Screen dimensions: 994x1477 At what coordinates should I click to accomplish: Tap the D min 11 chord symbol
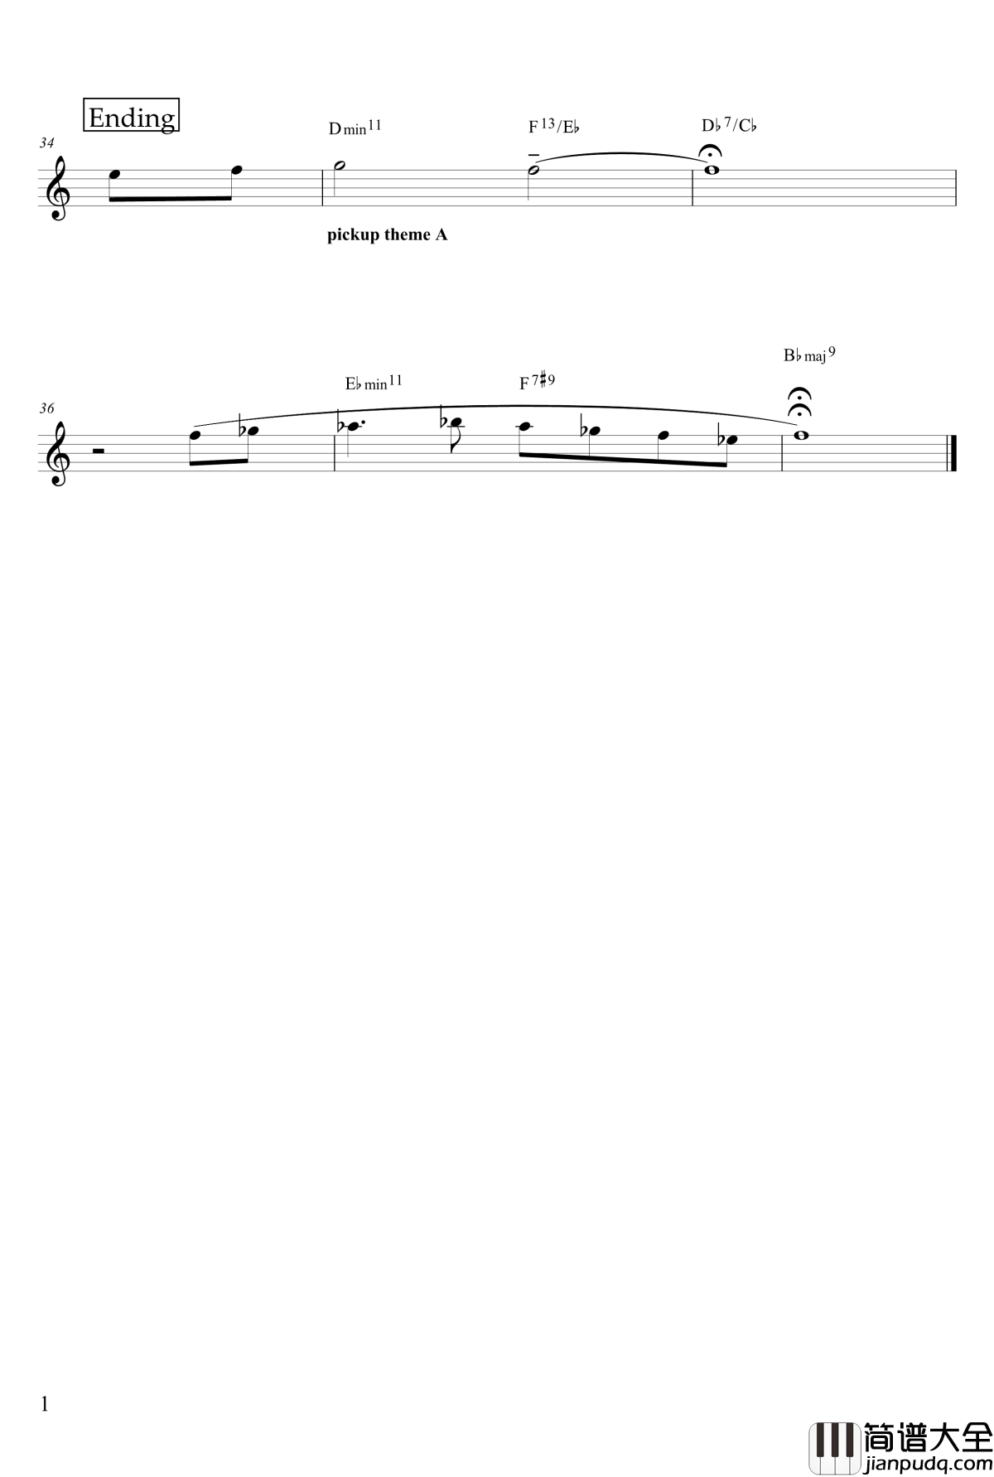click(x=355, y=128)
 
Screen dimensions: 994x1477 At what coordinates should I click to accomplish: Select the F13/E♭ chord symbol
click(x=554, y=127)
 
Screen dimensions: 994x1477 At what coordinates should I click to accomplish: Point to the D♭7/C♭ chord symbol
click(x=730, y=126)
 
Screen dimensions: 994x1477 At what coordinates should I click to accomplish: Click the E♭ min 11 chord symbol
click(x=374, y=383)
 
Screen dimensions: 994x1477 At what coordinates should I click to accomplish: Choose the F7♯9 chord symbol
click(x=538, y=382)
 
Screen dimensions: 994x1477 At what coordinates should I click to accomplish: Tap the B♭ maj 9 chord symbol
click(x=809, y=355)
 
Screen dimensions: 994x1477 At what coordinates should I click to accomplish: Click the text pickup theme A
click(x=388, y=235)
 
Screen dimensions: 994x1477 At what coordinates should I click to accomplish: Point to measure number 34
click(x=46, y=143)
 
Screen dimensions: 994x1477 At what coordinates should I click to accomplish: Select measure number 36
click(x=46, y=408)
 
